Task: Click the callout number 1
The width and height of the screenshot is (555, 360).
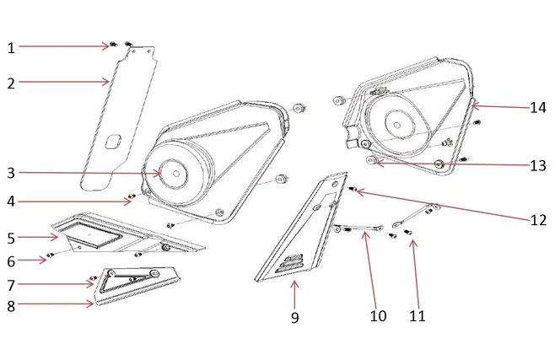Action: (11, 48)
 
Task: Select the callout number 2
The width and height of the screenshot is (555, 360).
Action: (11, 83)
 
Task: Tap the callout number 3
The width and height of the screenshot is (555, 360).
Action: (11, 174)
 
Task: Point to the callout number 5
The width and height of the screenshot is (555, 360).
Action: (11, 238)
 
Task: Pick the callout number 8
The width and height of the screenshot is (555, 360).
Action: (11, 305)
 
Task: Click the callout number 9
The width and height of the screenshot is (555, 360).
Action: (294, 318)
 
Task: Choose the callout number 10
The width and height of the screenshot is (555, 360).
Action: (377, 316)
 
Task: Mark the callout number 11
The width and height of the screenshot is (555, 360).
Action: (417, 316)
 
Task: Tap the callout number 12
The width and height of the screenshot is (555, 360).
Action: (538, 221)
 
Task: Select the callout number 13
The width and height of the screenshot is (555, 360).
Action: (538, 166)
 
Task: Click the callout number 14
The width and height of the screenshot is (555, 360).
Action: (538, 108)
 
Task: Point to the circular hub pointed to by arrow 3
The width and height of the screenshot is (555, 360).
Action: (175, 174)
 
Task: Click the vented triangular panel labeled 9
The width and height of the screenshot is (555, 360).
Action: (304, 236)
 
